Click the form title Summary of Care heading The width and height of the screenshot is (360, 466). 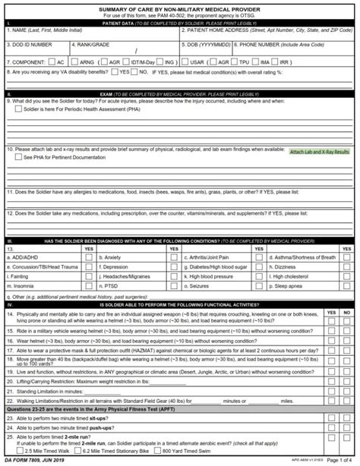180,8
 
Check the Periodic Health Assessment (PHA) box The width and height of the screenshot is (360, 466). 18,109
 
